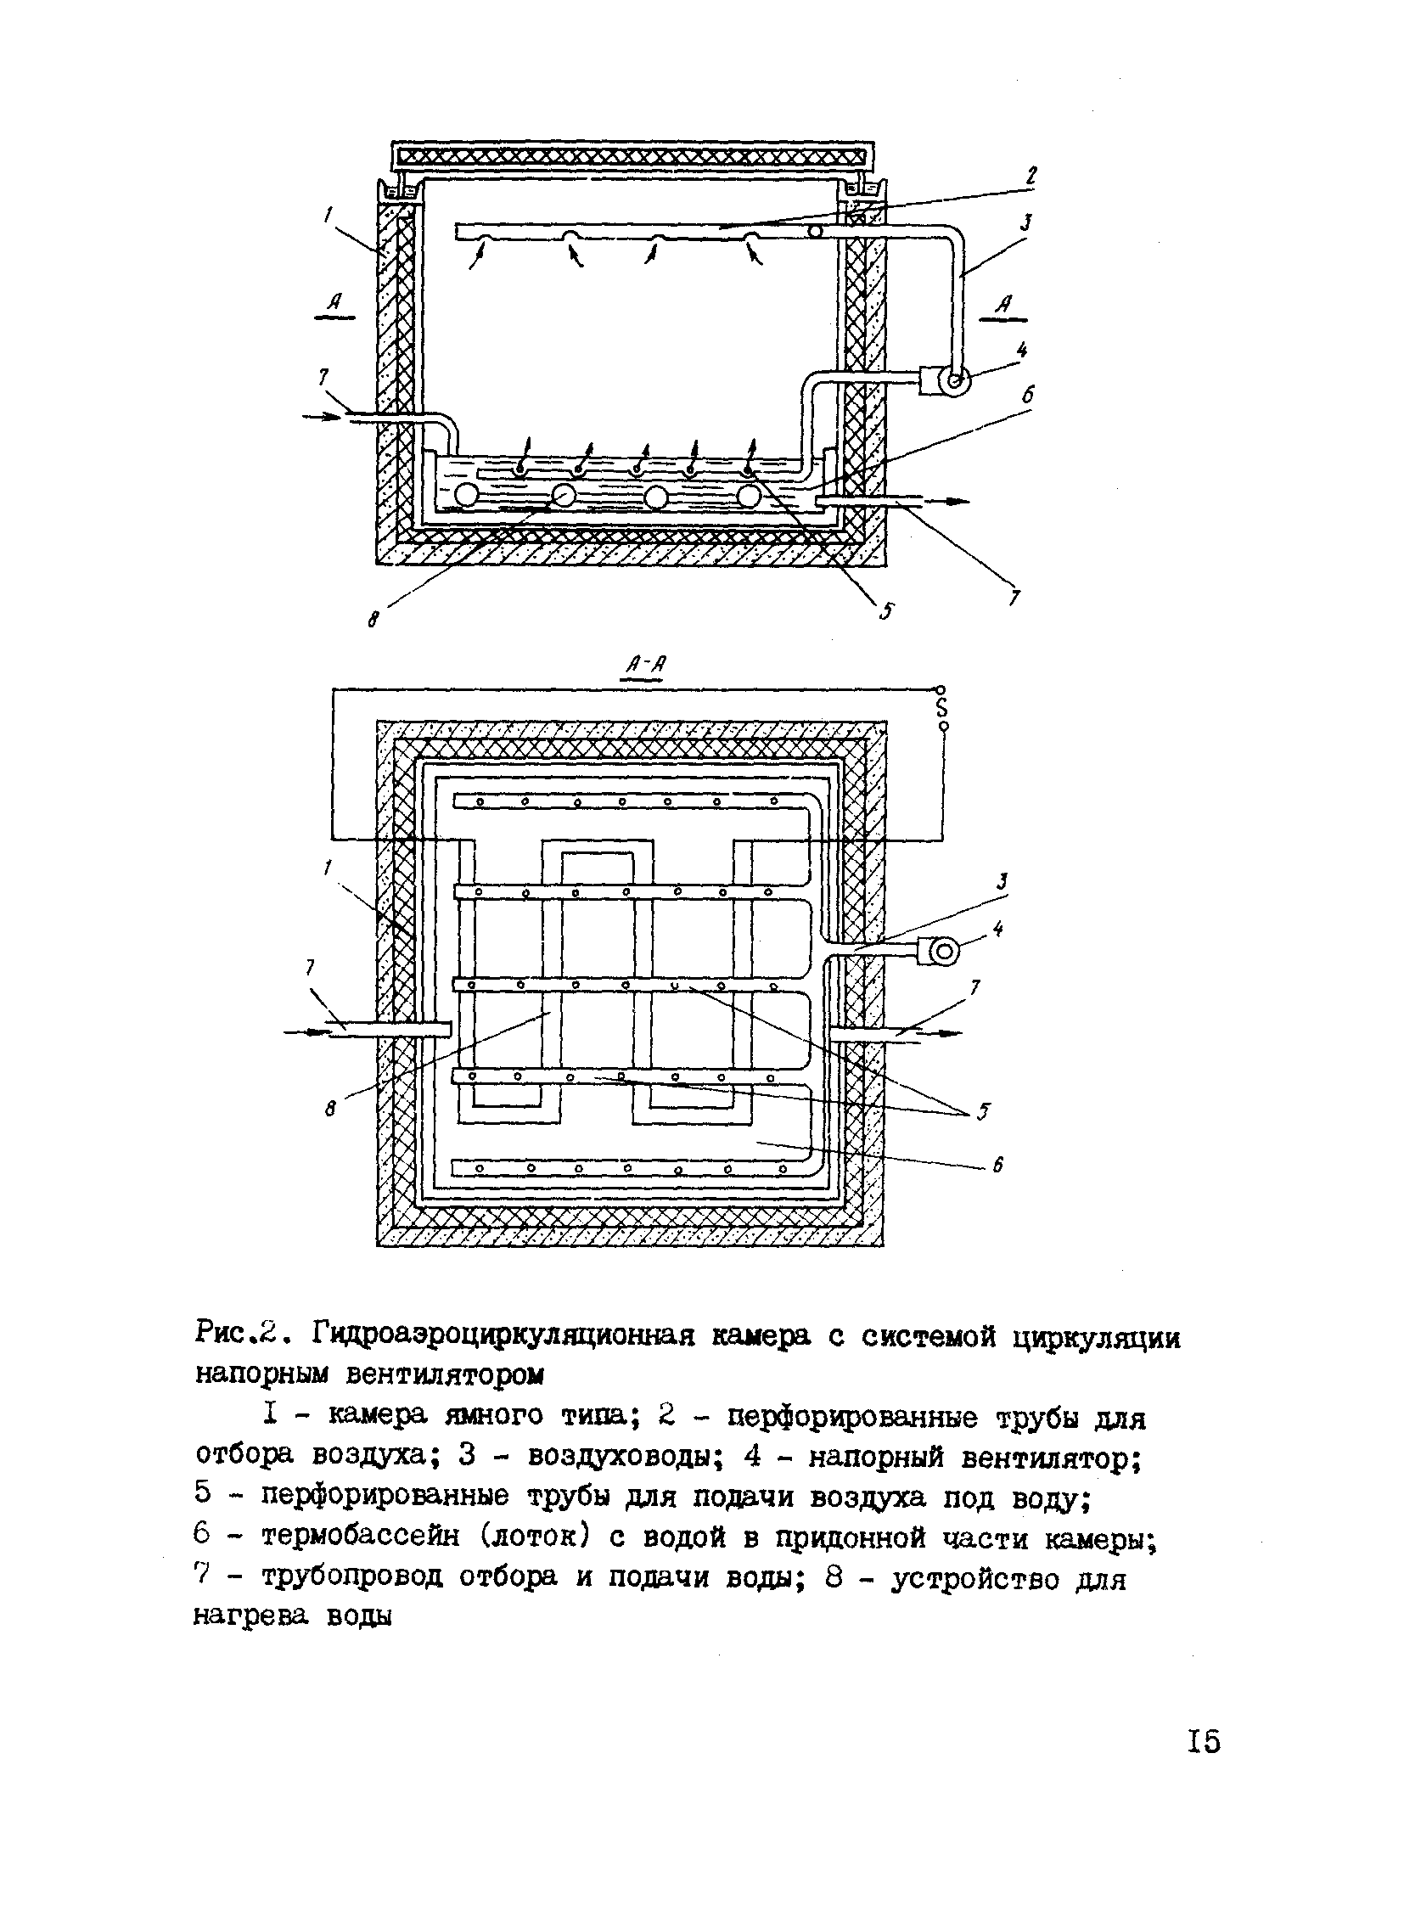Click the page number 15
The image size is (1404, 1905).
coord(1204,1739)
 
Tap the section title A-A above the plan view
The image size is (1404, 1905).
coord(645,666)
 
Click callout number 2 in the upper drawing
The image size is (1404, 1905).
coord(1031,176)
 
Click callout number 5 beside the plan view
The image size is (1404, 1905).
coord(983,1112)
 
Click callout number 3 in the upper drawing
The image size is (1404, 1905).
coord(1026,224)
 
